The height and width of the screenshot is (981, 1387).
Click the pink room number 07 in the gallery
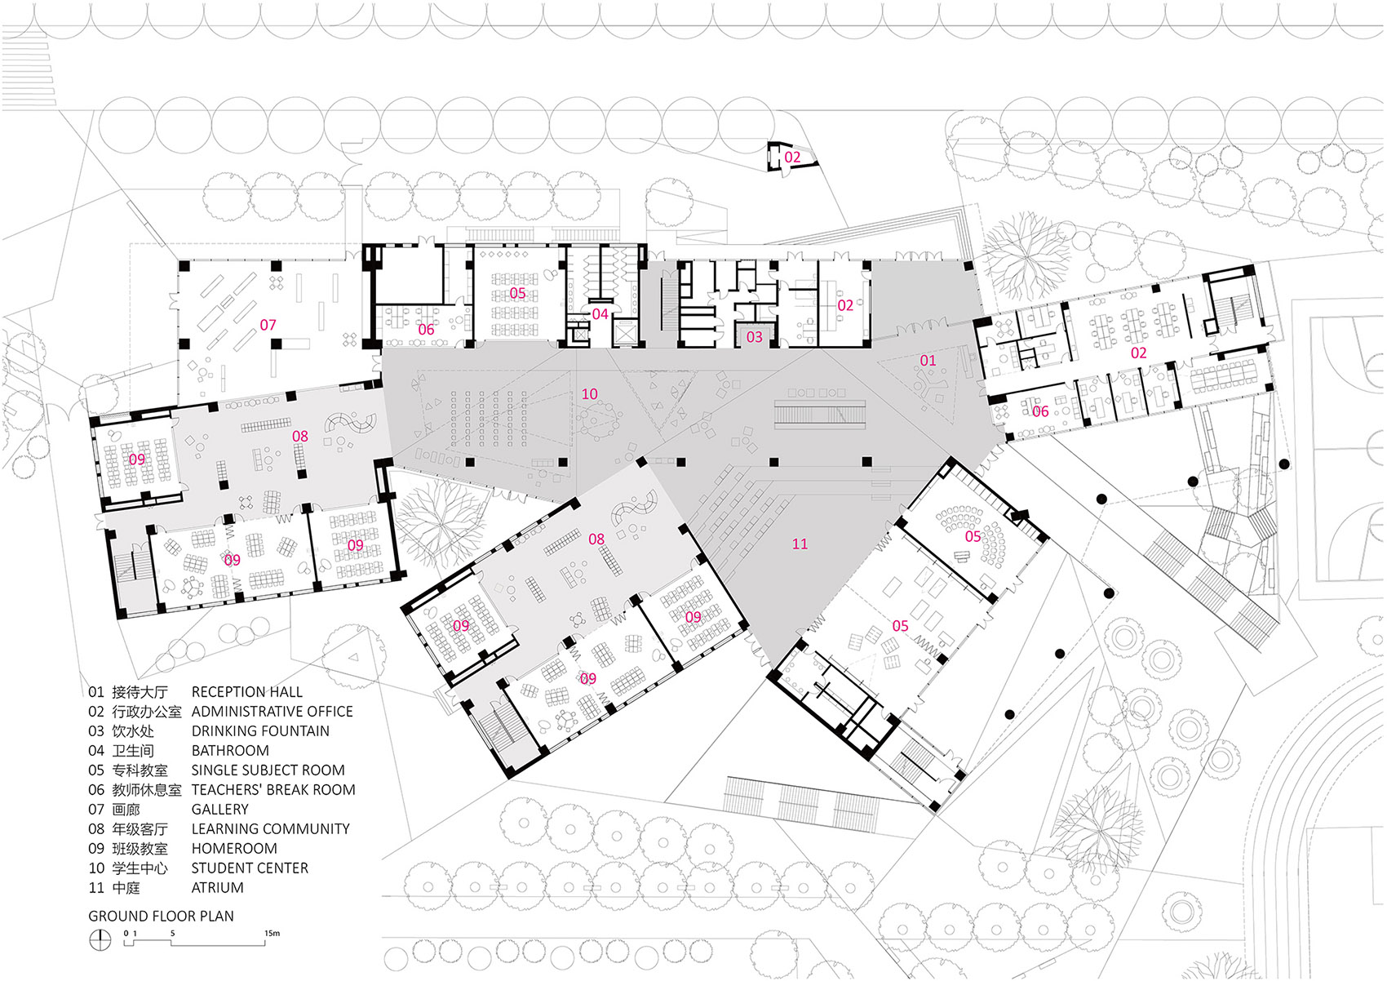click(x=268, y=325)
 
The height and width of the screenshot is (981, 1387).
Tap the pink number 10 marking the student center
click(x=589, y=394)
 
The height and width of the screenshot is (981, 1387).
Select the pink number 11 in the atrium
click(x=800, y=544)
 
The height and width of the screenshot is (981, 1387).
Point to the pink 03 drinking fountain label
click(x=754, y=336)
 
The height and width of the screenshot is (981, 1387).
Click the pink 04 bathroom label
click(x=600, y=314)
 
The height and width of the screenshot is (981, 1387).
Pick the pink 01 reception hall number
click(x=928, y=361)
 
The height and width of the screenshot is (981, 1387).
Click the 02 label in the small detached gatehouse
click(x=792, y=157)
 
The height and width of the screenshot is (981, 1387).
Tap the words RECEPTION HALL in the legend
click(x=246, y=692)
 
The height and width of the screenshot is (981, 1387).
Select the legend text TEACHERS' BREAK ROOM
click(x=273, y=790)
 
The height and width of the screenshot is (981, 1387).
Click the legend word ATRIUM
click(x=217, y=888)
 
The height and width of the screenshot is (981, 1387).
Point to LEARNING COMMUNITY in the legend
click(x=270, y=829)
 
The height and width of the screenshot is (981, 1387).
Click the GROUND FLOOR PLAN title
click(x=161, y=917)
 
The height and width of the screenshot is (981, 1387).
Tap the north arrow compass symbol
click(x=100, y=940)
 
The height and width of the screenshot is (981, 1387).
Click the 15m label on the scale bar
click(x=272, y=933)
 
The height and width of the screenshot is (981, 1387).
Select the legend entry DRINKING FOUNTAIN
click(x=260, y=731)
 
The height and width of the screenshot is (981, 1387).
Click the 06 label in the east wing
click(x=1040, y=411)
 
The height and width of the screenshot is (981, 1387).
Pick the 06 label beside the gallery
click(x=426, y=330)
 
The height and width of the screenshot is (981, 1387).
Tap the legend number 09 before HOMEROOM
click(x=96, y=849)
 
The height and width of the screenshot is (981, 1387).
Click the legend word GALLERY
click(x=219, y=810)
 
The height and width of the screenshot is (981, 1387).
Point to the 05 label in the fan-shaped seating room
click(x=973, y=536)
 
